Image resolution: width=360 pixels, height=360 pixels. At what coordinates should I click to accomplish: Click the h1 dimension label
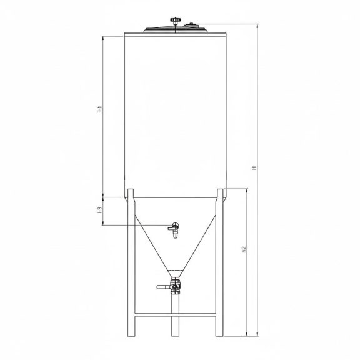tap(100, 109)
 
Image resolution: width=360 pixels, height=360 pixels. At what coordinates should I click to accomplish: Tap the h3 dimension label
tap(100, 210)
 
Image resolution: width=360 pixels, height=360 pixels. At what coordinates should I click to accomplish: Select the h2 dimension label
tap(244, 249)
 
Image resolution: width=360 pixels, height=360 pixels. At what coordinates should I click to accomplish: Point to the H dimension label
tap(254, 168)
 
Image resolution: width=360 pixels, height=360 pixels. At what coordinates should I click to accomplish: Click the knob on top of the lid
tap(175, 21)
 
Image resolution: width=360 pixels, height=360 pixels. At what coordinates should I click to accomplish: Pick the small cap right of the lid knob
tap(191, 24)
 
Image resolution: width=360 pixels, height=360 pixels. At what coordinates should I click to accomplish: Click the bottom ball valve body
tap(176, 286)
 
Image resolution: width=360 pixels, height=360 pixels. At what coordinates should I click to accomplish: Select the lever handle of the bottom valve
tap(164, 287)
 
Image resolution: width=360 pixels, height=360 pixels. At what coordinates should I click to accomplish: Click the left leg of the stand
tap(131, 262)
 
